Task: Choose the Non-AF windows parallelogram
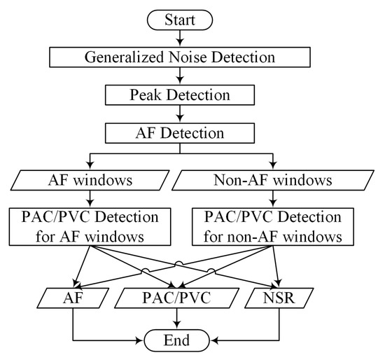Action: (x=272, y=181)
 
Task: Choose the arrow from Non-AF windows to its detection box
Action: (x=272, y=200)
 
